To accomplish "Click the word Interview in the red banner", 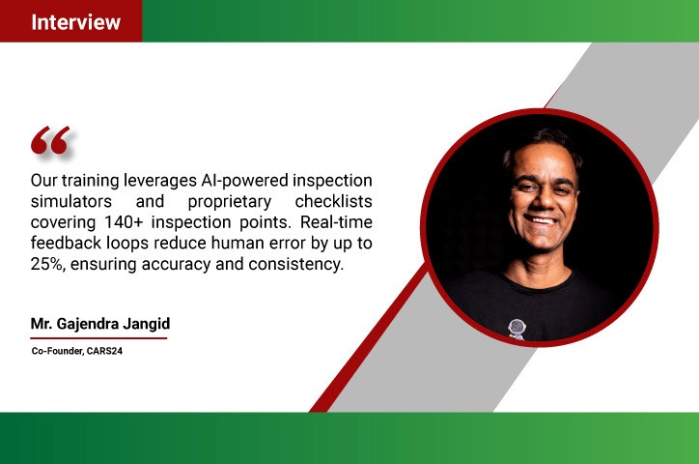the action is click(x=75, y=22).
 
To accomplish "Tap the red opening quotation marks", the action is click(x=50, y=140).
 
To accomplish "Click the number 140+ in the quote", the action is click(x=123, y=221).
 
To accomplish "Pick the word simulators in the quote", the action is click(x=71, y=201).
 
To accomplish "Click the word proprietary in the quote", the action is click(x=230, y=202).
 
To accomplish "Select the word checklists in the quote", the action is click(x=333, y=201).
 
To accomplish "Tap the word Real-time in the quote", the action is click(x=336, y=221).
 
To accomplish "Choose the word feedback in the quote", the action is click(x=66, y=243).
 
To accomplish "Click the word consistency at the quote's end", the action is click(x=296, y=264).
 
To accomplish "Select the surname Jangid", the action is click(x=146, y=324).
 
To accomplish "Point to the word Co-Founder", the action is click(x=58, y=351).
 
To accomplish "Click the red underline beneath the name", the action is click(x=98, y=338).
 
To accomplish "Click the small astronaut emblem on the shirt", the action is click(x=517, y=330).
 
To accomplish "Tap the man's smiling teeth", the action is click(x=542, y=220).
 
